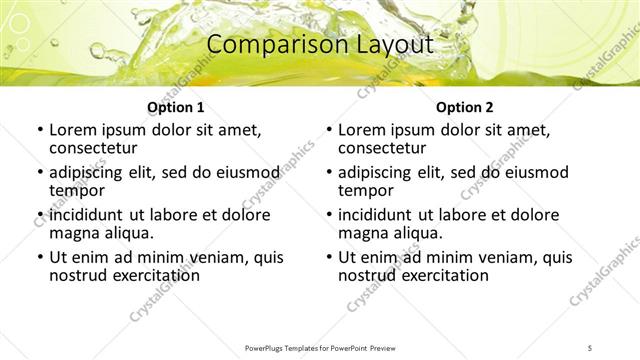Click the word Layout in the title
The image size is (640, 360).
click(394, 44)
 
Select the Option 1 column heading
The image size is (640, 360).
click(176, 107)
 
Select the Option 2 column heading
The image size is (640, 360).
click(465, 107)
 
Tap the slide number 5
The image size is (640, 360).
click(590, 347)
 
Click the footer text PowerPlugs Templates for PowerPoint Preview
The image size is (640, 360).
click(320, 347)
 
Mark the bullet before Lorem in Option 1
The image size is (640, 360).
click(39, 130)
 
